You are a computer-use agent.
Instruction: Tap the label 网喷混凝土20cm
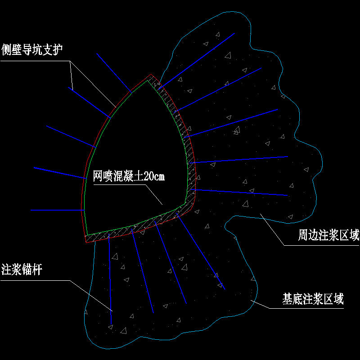(129, 176)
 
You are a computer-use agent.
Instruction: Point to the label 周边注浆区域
(329, 235)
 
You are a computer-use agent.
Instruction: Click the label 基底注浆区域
(313, 299)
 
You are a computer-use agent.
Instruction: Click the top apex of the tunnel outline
(150, 76)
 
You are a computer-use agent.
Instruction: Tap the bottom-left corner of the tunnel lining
(86, 242)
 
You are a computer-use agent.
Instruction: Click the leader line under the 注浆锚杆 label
(36, 281)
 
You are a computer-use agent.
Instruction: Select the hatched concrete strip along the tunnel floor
(135, 227)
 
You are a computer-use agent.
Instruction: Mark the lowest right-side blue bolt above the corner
(241, 193)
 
